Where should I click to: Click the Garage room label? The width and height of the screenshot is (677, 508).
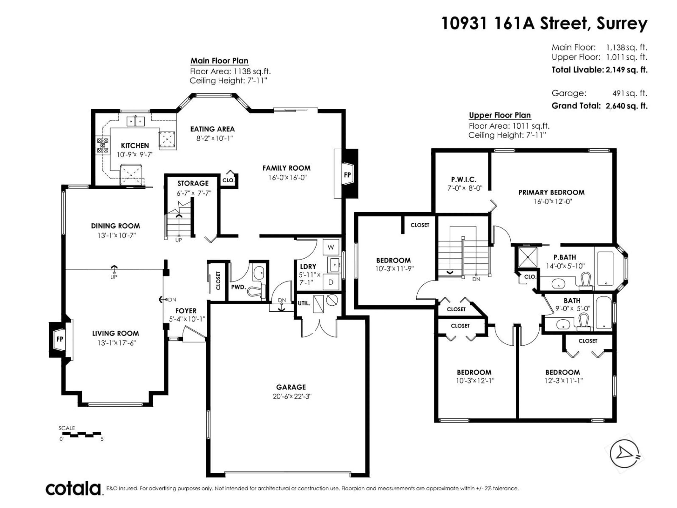[291, 387]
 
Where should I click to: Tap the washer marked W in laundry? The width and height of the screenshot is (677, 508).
[331, 247]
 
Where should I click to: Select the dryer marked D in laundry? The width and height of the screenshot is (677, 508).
[331, 282]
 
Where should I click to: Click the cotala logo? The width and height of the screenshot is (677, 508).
[74, 489]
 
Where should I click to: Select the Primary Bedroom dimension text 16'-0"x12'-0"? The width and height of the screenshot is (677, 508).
[551, 201]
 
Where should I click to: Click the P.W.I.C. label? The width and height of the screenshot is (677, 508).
[464, 180]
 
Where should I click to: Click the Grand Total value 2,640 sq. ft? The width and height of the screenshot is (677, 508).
[626, 106]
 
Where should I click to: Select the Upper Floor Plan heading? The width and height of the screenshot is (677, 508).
[500, 115]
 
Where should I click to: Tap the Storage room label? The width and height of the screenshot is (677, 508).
[193, 183]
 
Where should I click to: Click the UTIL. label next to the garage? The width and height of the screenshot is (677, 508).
[304, 303]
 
